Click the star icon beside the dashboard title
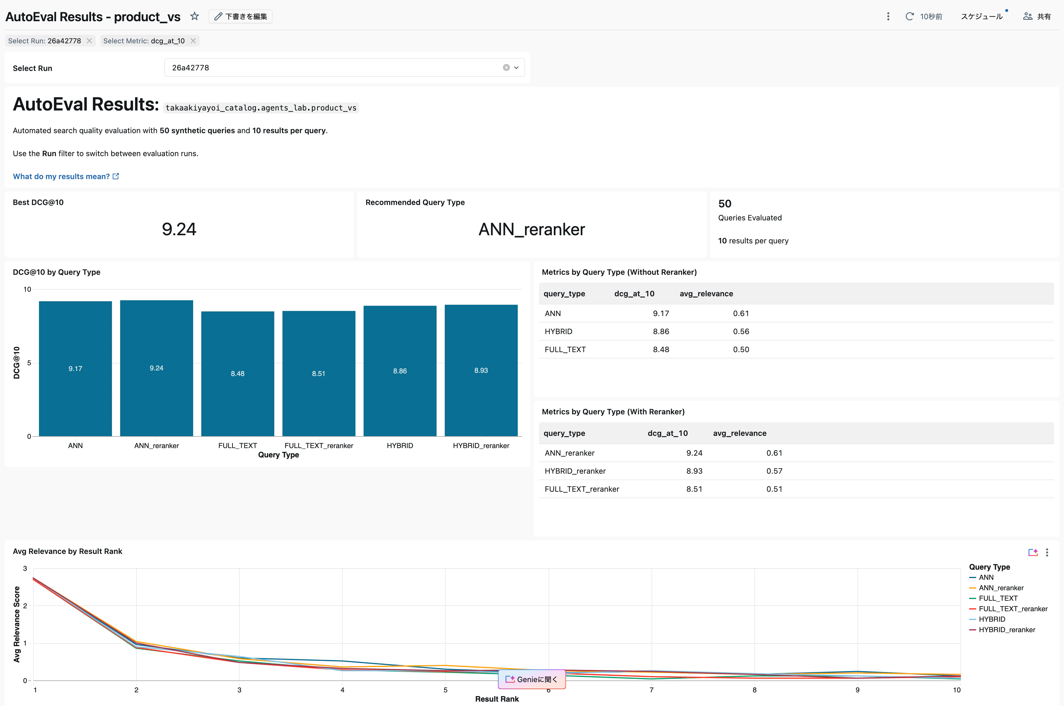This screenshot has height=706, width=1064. pos(195,16)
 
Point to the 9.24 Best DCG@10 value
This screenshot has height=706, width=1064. pos(179,229)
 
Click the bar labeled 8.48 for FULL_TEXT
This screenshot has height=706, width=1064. pos(237,373)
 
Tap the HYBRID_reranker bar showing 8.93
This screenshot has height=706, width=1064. pos(481,370)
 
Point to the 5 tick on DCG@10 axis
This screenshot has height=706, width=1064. pos(29,363)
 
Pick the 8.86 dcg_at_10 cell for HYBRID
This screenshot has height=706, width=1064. pos(661,331)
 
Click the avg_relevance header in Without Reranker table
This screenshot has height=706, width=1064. pos(706,294)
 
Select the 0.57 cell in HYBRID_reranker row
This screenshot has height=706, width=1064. pos(774,471)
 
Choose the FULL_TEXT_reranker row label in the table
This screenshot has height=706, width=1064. pos(581,489)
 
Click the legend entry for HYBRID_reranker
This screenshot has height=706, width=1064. pos(1006,630)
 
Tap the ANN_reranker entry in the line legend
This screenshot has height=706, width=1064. pos(1001,588)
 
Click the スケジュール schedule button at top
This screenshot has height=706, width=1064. pos(982,16)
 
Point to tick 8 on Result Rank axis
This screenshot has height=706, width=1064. pos(754,690)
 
